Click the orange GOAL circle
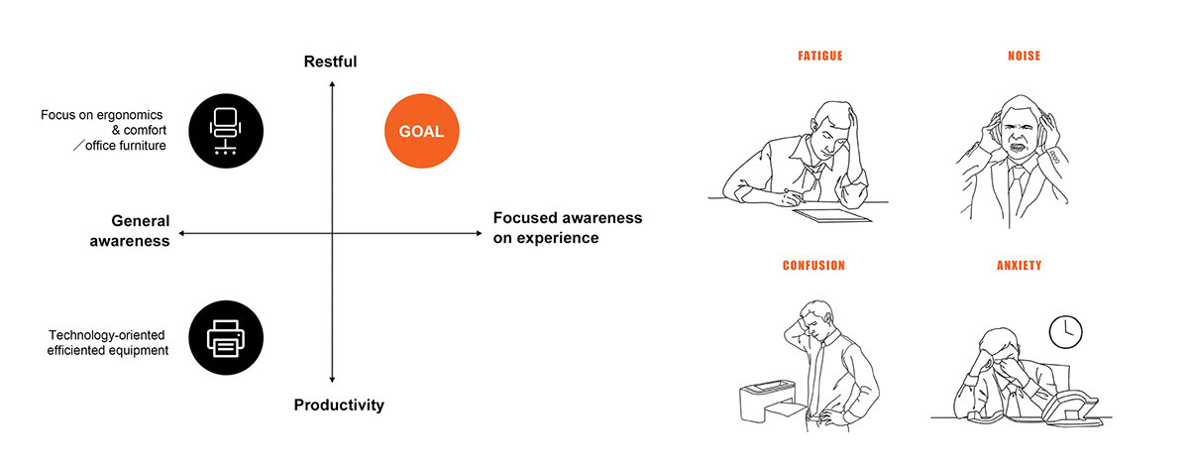click(421, 131)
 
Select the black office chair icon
click(226, 131)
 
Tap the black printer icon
click(226, 339)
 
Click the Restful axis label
click(330, 62)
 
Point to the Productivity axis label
click(339, 405)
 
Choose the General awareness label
click(129, 230)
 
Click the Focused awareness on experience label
click(567, 227)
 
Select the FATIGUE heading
click(819, 57)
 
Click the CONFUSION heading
click(813, 266)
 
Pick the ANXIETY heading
click(1019, 266)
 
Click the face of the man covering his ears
click(1017, 139)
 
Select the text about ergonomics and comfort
click(101, 130)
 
